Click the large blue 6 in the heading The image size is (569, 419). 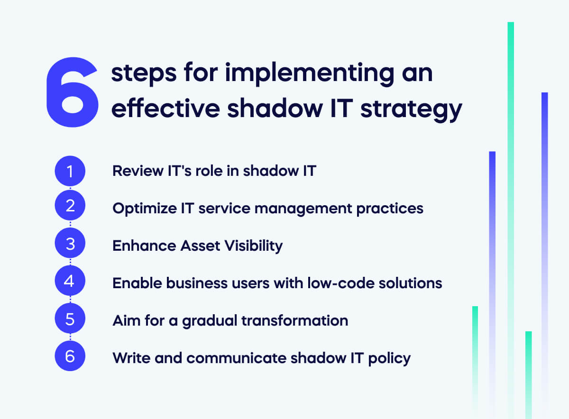pyautogui.click(x=72, y=92)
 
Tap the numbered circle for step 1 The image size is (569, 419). pyautogui.click(x=70, y=171)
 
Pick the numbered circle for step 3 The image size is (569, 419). pyautogui.click(x=70, y=245)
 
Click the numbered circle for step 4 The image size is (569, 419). pyautogui.click(x=70, y=282)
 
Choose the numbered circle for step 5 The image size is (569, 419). pyautogui.click(x=70, y=319)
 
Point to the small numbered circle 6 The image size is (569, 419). pyautogui.click(x=70, y=356)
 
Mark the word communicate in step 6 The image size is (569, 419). pyautogui.click(x=232, y=358)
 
